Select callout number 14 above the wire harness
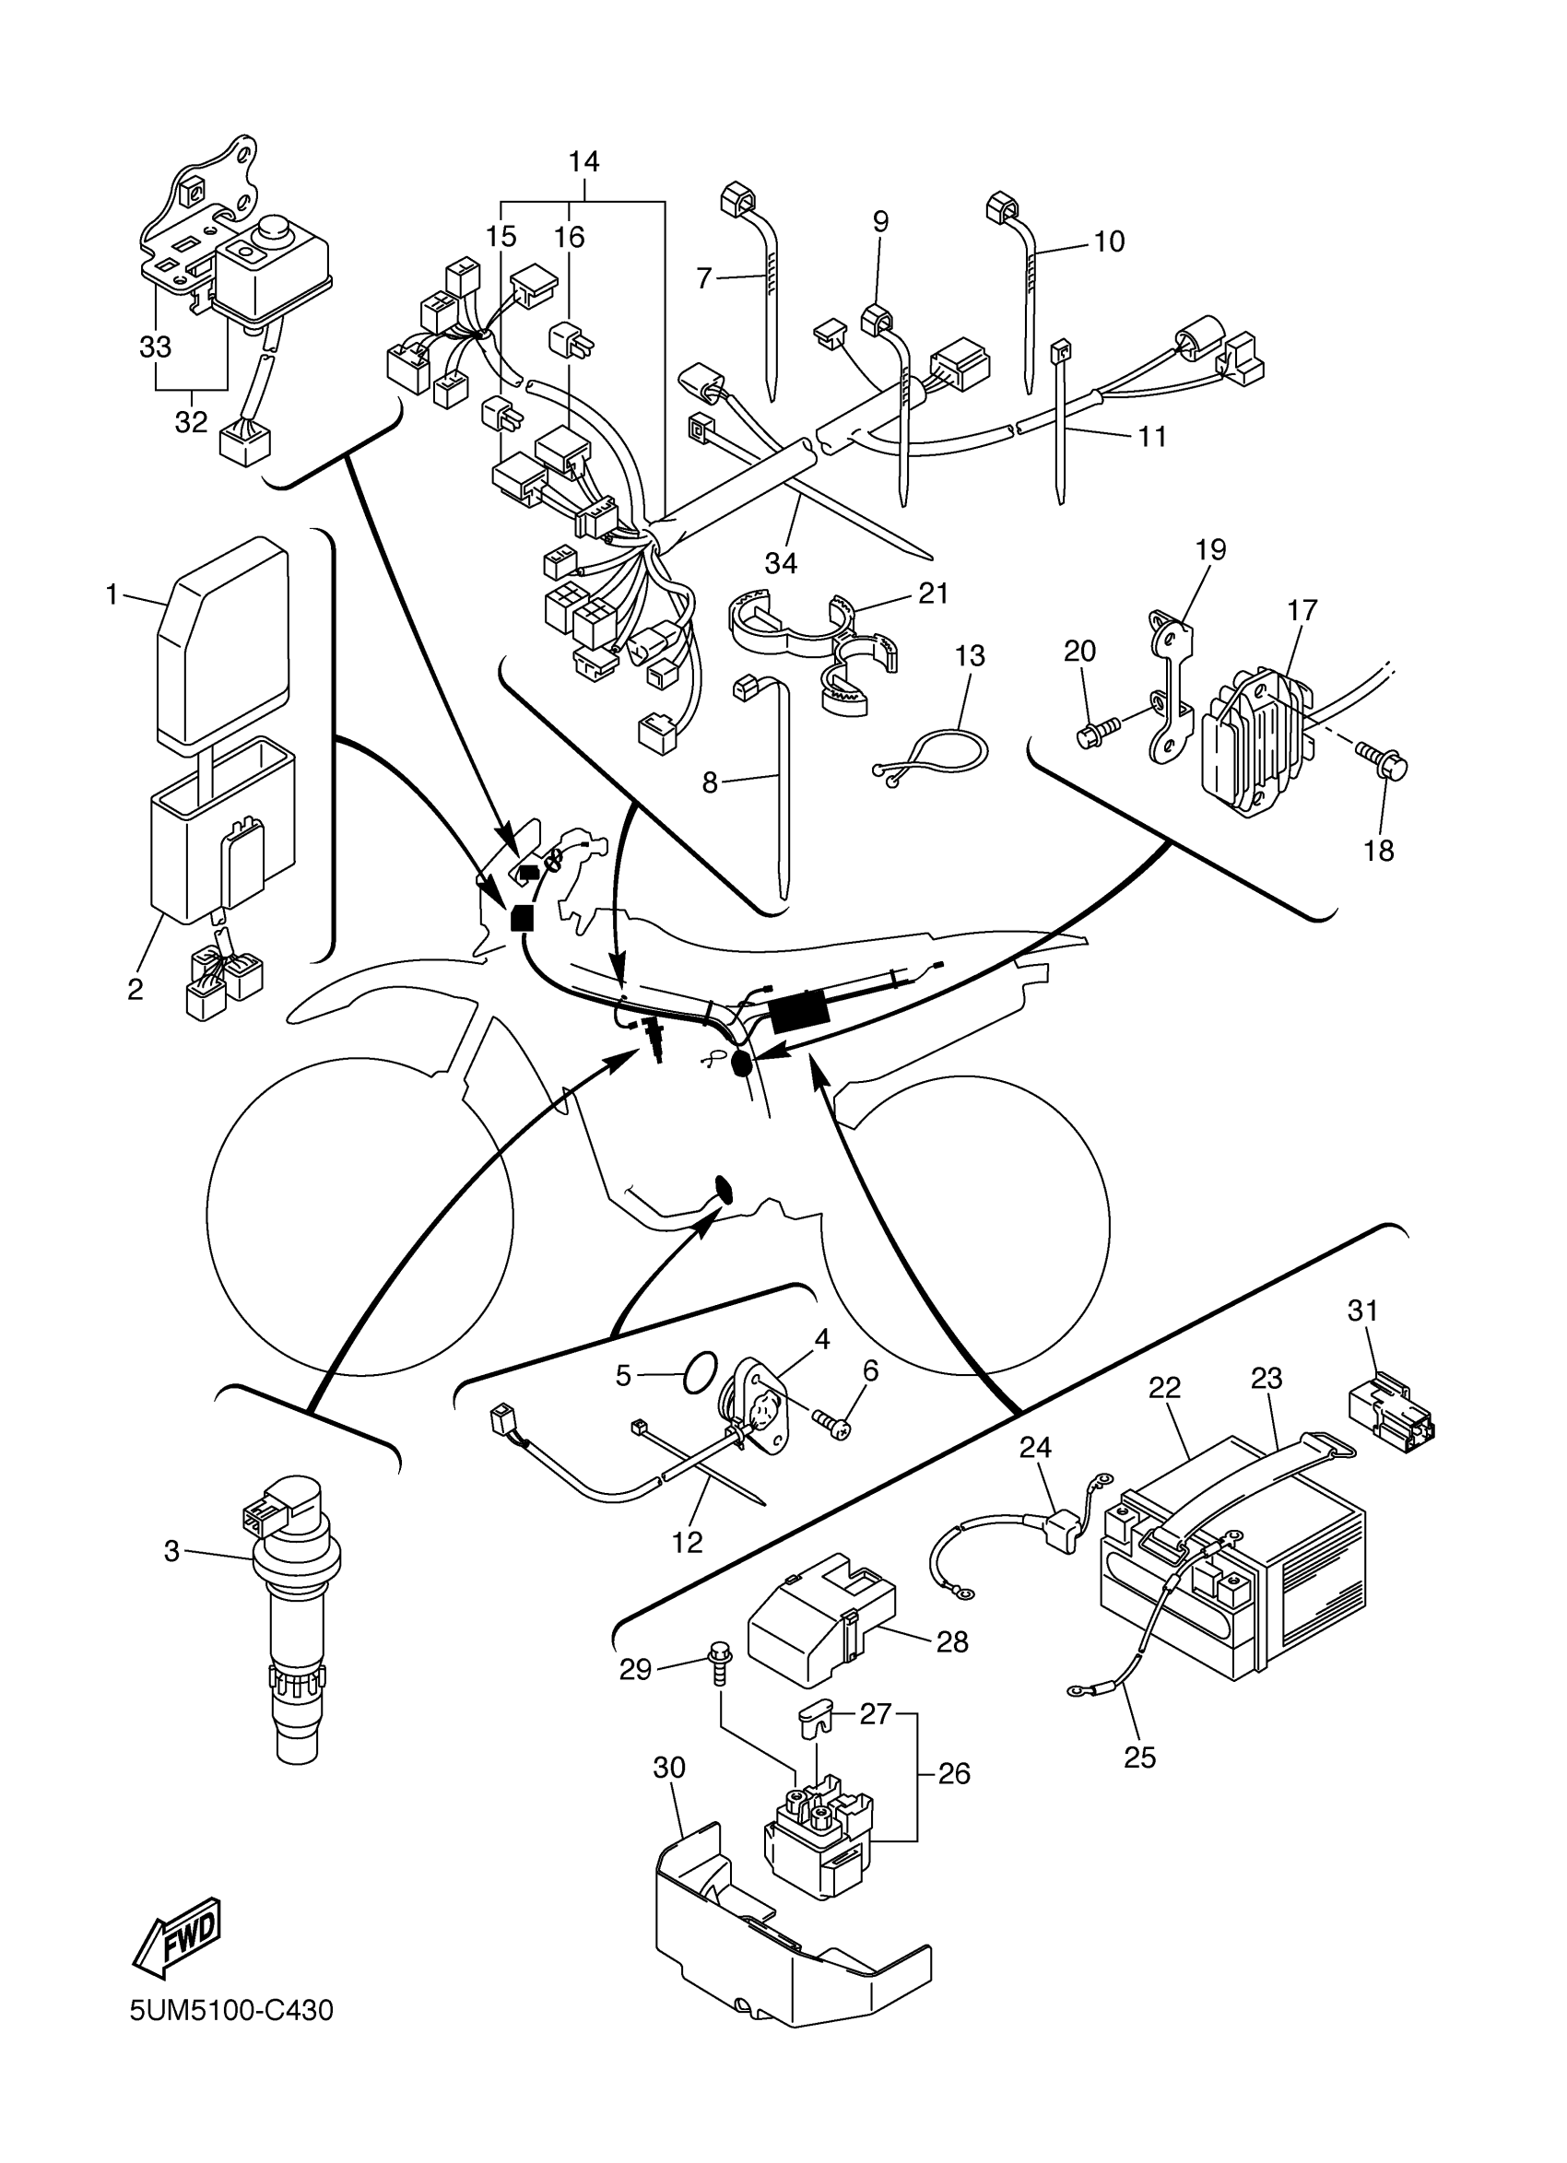point(583,162)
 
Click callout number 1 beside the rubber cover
point(112,595)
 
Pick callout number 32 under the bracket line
point(191,421)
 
